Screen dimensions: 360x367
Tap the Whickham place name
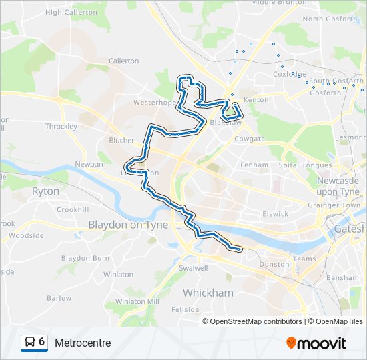point(208,293)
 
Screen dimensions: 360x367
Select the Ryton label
point(45,191)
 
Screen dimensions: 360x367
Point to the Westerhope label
point(153,103)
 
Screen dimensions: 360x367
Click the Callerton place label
point(123,61)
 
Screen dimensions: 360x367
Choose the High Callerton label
point(71,12)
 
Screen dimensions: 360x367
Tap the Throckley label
point(61,126)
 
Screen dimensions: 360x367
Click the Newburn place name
point(90,164)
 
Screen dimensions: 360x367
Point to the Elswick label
point(275,214)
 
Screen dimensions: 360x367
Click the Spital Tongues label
point(305,165)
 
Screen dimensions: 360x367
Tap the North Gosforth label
point(330,19)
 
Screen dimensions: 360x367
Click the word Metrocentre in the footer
point(83,343)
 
